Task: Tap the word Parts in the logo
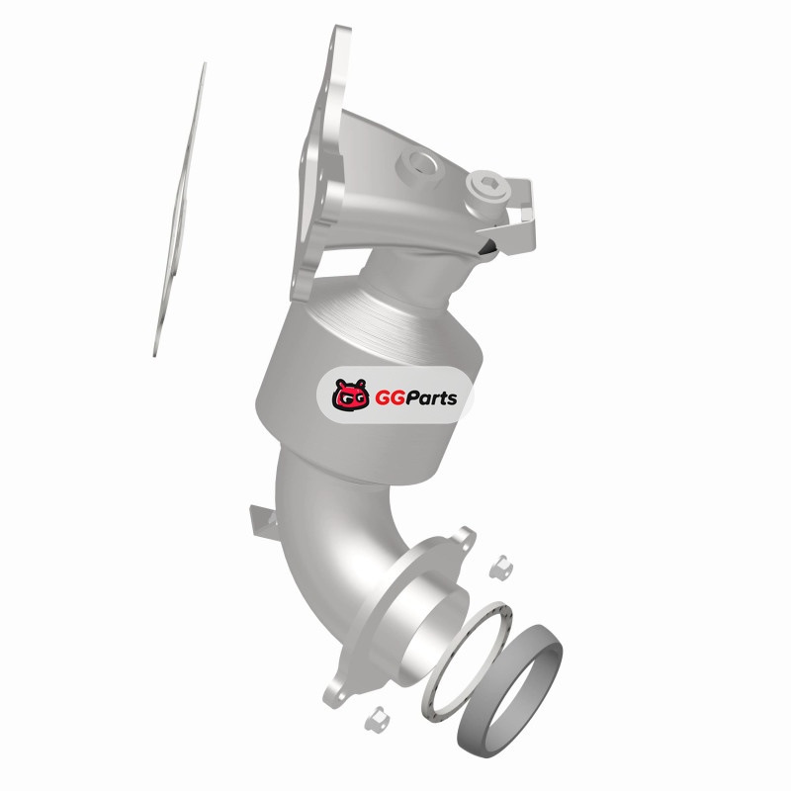click(431, 398)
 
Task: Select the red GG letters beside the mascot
click(390, 398)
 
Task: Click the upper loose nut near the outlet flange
click(501, 567)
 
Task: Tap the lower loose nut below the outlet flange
click(377, 719)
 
